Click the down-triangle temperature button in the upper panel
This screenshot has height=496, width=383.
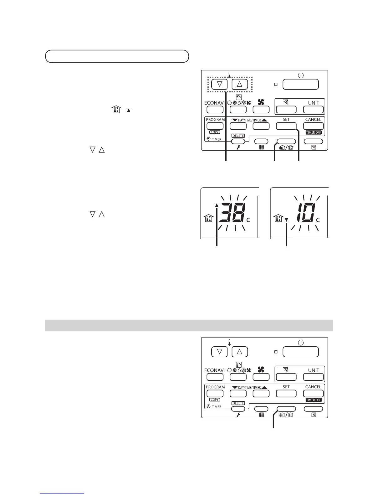(x=219, y=84)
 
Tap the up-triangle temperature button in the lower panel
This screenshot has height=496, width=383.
(x=240, y=352)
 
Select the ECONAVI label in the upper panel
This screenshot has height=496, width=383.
(x=214, y=103)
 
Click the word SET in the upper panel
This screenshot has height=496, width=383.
(x=286, y=120)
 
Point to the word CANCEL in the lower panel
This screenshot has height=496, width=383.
(x=313, y=387)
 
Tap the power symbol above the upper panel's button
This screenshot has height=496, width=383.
(x=300, y=75)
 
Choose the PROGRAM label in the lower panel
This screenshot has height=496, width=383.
(x=215, y=387)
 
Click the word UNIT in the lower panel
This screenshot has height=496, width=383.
(x=314, y=370)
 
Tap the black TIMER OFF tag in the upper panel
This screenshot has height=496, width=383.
(x=314, y=132)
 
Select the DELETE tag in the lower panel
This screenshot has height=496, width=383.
(x=238, y=403)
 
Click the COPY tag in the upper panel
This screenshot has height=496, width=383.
(x=215, y=132)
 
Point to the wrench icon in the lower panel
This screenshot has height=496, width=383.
(x=238, y=415)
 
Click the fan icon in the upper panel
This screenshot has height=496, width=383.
(x=261, y=102)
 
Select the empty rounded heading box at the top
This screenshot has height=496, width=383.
(x=117, y=56)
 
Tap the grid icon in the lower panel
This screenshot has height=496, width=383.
(x=262, y=415)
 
